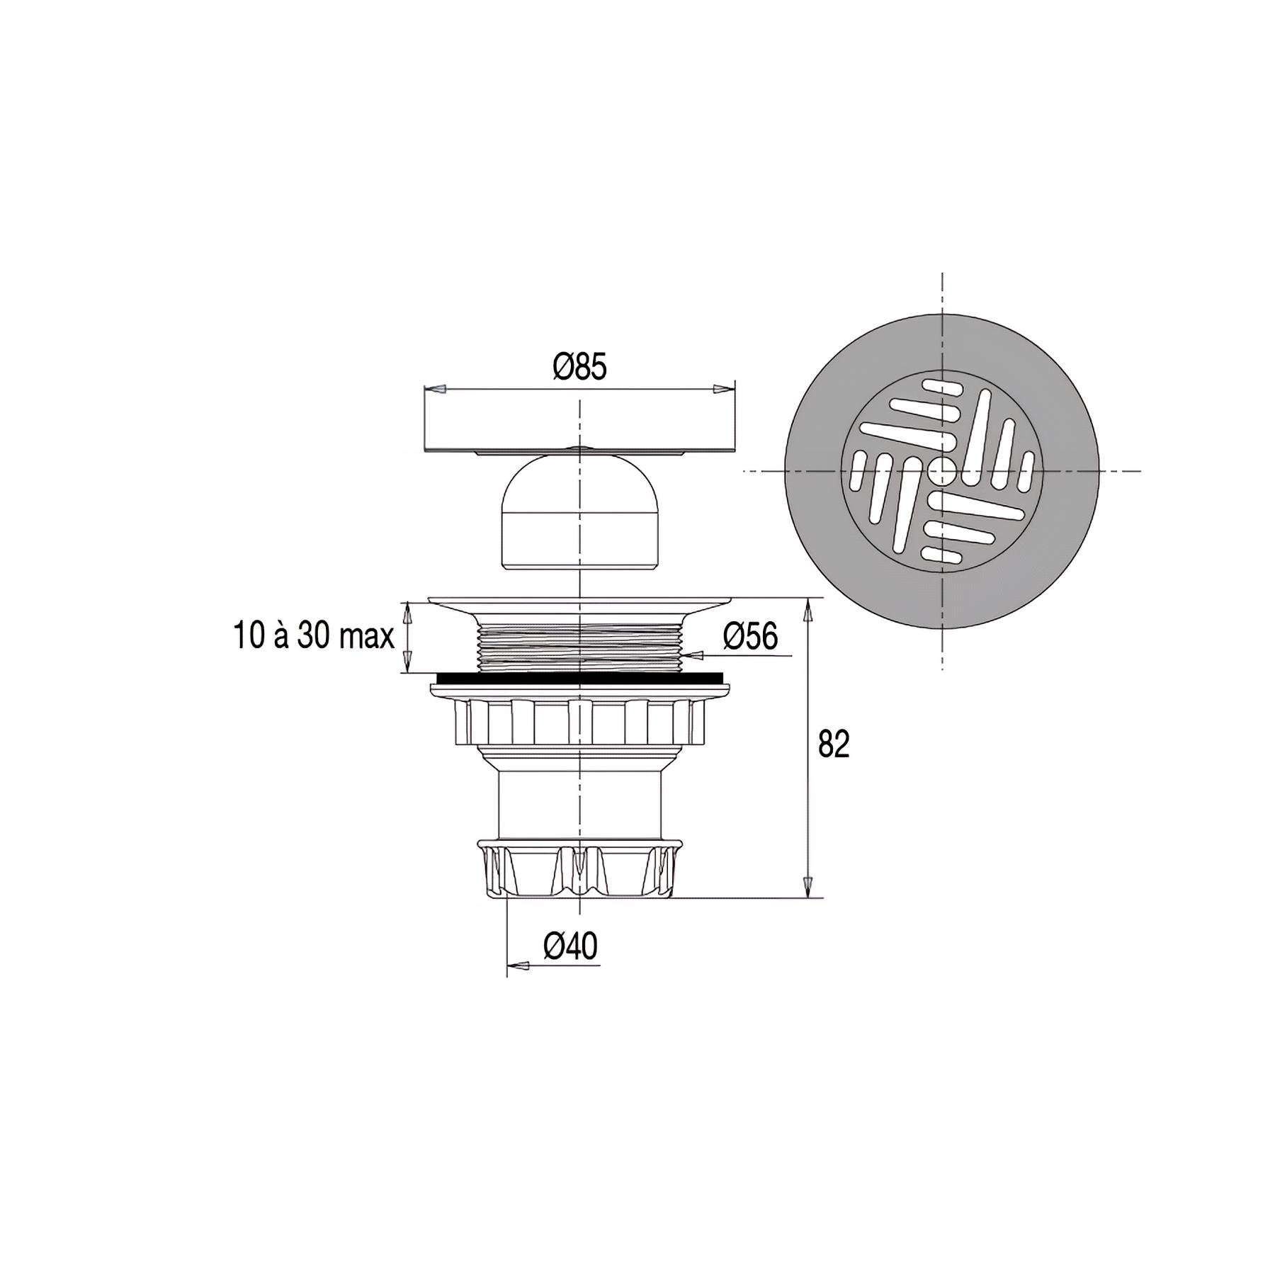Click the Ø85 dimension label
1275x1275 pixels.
(580, 368)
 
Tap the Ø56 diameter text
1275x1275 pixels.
(750, 635)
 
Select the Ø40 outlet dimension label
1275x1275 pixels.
(571, 946)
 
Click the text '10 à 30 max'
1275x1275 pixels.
(314, 635)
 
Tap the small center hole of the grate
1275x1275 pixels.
(942, 469)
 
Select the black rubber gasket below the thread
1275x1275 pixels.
(581, 678)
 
